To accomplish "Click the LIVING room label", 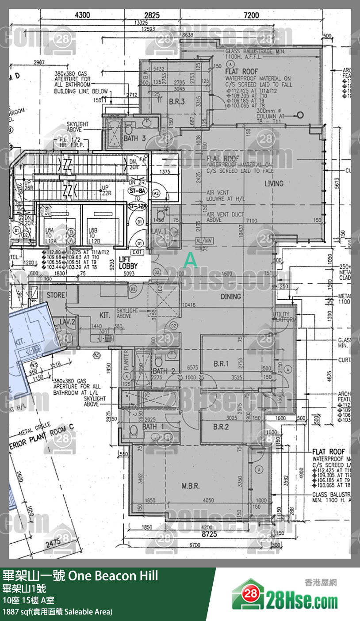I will (274, 183).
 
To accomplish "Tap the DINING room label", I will (231, 297).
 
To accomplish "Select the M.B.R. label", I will (191, 486).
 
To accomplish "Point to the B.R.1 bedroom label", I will (221, 364).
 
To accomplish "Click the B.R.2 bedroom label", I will (221, 427).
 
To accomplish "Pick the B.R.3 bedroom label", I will (176, 101).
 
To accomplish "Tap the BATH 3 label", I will (134, 138).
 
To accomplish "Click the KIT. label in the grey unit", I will (105, 316).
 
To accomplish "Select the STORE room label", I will (56, 294).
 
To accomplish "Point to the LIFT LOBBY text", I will (129, 263).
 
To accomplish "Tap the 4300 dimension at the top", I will (82, 15).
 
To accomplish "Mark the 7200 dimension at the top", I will (251, 15).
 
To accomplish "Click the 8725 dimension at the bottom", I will (209, 534).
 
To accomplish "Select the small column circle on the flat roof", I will (300, 115).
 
